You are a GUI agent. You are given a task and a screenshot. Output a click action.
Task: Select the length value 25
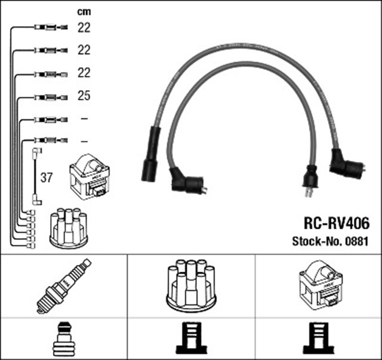(x=84, y=96)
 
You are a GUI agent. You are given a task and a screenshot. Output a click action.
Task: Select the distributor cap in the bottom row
(x=190, y=284)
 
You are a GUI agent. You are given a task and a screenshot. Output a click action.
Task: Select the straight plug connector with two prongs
(x=310, y=179)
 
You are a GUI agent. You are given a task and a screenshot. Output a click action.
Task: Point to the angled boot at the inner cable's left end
(x=187, y=181)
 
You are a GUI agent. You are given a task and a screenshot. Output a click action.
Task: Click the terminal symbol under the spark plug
(x=64, y=339)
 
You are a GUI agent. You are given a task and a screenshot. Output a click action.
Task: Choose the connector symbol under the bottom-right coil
(x=319, y=339)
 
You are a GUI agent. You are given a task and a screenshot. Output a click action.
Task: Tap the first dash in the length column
(x=84, y=118)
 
